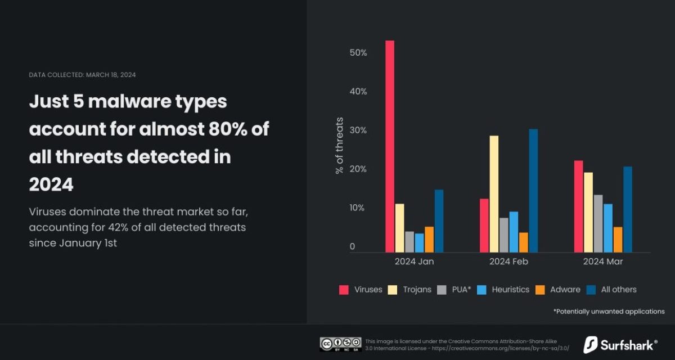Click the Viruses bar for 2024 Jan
pos(389,146)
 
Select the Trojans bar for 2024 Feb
pos(494,194)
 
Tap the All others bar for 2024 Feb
pos(533,191)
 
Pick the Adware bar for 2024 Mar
pos(618,240)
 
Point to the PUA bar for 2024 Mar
pos(598,223)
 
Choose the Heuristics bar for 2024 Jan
pos(419,243)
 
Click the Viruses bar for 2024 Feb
pos(484,226)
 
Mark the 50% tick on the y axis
pos(358,53)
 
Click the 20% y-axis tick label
pos(358,169)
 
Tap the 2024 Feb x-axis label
pos(508,262)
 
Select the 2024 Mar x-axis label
pos(603,262)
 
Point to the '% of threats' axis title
pos(339,145)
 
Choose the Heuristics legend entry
pos(503,290)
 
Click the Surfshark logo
pos(620,344)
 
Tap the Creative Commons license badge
pos(340,344)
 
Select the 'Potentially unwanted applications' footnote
pos(609,311)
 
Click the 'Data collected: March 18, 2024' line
pos(82,75)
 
